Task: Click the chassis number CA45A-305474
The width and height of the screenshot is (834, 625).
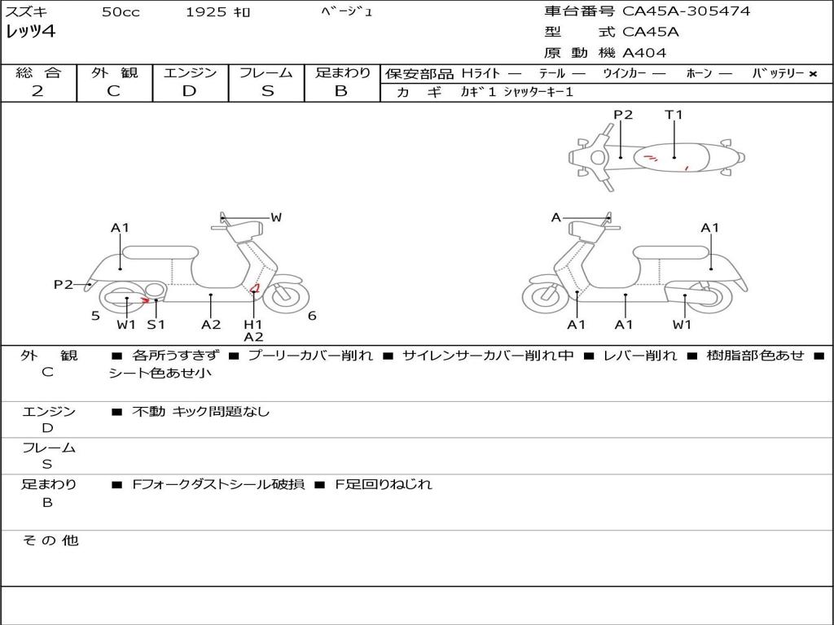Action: (686, 11)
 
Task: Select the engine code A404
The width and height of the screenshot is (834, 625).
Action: (644, 53)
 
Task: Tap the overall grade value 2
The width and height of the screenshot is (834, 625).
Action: (37, 91)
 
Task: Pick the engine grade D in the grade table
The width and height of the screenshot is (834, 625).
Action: (189, 91)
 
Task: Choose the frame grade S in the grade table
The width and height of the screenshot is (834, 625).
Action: (267, 91)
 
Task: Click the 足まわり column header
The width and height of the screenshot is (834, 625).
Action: (342, 73)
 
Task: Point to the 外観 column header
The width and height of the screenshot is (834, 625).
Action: (113, 73)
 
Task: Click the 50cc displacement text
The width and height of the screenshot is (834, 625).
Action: (121, 12)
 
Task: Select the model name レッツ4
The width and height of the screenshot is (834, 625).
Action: (30, 33)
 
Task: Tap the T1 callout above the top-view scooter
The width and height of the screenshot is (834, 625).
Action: (674, 115)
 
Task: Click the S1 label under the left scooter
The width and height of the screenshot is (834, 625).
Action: (156, 325)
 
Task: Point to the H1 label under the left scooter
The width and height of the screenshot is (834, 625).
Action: (253, 325)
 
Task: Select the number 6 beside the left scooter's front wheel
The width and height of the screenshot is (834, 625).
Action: (312, 316)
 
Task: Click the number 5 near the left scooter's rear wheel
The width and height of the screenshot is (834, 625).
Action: (95, 316)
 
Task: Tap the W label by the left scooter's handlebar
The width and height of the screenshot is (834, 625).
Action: (276, 217)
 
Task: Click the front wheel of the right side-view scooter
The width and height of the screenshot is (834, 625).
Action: (546, 297)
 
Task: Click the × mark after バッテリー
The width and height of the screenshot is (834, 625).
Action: (812, 73)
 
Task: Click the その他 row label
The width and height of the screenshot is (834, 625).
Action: (49, 540)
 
